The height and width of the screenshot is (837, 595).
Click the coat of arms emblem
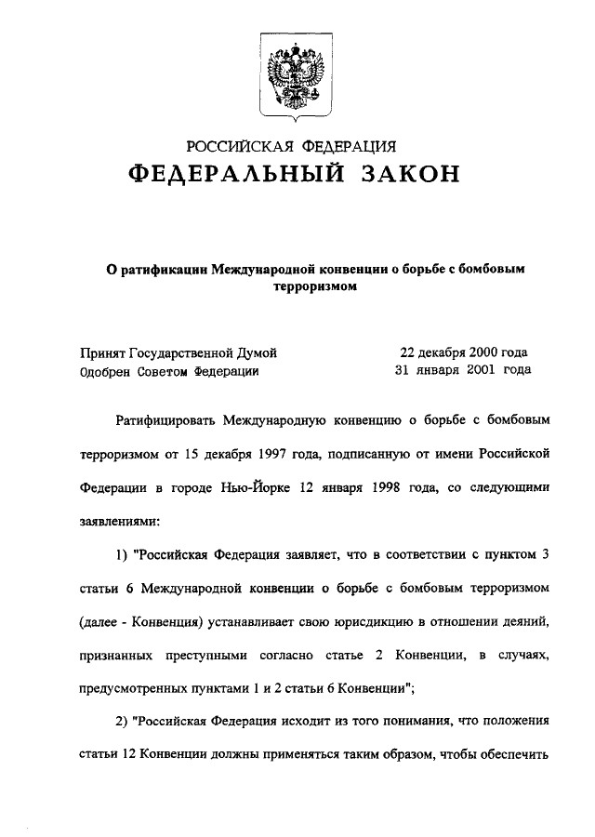pyautogui.click(x=297, y=81)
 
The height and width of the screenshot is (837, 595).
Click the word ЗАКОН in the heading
pyautogui.click(x=402, y=174)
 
